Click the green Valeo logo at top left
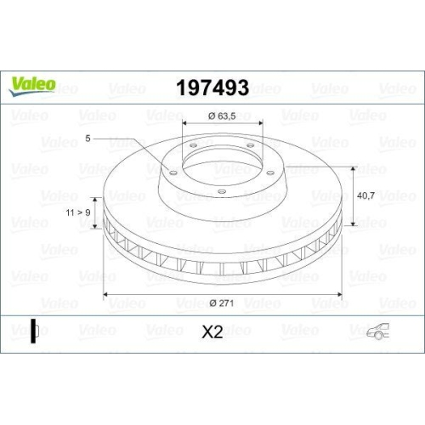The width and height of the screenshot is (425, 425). pyautogui.click(x=33, y=83)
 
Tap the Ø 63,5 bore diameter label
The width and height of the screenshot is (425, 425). pyautogui.click(x=223, y=116)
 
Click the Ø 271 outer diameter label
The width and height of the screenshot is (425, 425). pyautogui.click(x=222, y=303)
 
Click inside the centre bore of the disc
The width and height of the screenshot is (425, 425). pyautogui.click(x=223, y=162)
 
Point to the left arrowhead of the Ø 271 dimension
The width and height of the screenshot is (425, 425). pyautogui.click(x=106, y=295)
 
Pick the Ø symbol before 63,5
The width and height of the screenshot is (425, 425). pyautogui.click(x=211, y=116)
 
